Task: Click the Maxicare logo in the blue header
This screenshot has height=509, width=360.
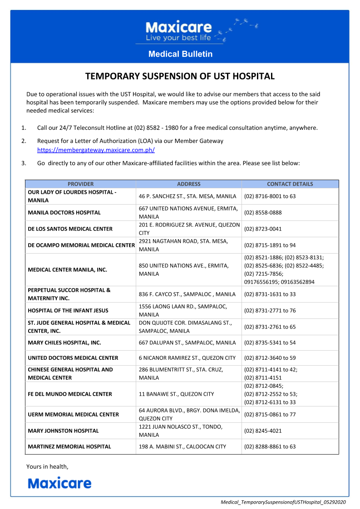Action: (179, 31)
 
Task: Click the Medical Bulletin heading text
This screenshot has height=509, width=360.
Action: (180, 54)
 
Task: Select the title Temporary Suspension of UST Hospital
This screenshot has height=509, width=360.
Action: (180, 76)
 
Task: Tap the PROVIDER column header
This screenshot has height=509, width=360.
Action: (80, 184)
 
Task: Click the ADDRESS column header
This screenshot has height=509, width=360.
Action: (188, 184)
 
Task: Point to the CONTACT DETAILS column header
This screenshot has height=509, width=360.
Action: (290, 184)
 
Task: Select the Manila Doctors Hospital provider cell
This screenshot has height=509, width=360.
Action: (64, 212)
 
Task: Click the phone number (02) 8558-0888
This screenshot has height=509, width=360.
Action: (263, 212)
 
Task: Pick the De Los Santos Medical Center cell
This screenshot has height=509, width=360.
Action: (70, 229)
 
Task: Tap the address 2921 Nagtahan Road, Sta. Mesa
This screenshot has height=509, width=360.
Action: (183, 245)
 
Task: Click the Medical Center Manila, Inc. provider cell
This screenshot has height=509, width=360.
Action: (68, 269)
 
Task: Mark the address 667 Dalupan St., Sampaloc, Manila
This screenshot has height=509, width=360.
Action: (187, 343)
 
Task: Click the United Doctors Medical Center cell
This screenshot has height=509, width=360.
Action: (73, 358)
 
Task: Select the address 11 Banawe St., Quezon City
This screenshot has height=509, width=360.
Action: (177, 394)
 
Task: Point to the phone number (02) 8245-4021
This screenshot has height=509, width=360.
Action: (263, 431)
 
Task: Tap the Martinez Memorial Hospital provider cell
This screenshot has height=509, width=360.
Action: (69, 446)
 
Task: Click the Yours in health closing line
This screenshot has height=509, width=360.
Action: (47, 466)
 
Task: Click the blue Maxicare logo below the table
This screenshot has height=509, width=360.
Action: (59, 483)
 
